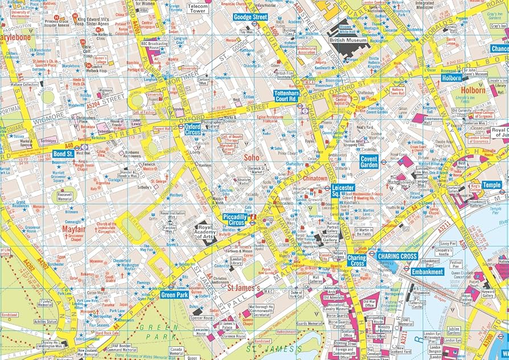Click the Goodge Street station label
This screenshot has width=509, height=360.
click(x=251, y=17)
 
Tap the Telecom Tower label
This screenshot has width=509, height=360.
click(x=197, y=9)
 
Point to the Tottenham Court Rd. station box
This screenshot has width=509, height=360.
click(x=285, y=95)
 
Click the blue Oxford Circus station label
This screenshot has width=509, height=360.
click(x=192, y=129)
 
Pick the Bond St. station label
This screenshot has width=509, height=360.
click(x=63, y=154)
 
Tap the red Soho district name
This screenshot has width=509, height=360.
click(x=251, y=157)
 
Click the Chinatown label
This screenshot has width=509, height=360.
click(x=314, y=178)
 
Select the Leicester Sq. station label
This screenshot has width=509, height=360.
click(x=343, y=190)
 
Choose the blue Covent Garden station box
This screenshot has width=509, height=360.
click(x=369, y=161)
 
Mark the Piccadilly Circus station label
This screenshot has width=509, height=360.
click(x=235, y=219)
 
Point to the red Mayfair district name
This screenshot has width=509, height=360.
click(x=73, y=230)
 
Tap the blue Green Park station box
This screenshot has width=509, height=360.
click(x=175, y=294)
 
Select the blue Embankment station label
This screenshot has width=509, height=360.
click(x=428, y=272)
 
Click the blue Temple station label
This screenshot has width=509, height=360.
click(x=491, y=185)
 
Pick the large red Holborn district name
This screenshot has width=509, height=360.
click(x=473, y=90)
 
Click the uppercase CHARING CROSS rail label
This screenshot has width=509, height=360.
click(x=397, y=256)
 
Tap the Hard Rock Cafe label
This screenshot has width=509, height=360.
click(x=106, y=333)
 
